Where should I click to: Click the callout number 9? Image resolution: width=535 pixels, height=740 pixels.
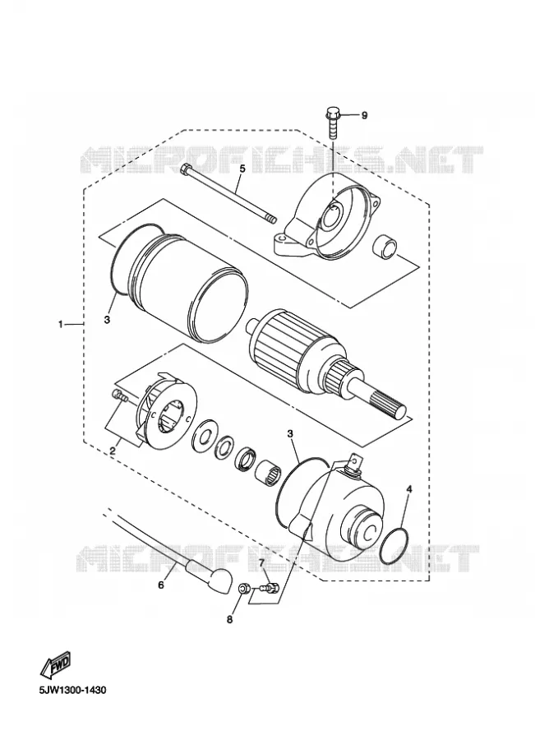(x=364, y=116)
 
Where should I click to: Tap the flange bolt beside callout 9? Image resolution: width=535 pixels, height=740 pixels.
(x=332, y=123)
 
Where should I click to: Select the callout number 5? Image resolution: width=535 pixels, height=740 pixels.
(x=242, y=169)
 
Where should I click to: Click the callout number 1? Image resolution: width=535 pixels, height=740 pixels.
(x=60, y=324)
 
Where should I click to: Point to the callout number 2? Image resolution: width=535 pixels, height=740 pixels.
(x=113, y=451)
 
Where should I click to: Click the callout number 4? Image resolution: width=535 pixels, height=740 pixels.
(x=409, y=489)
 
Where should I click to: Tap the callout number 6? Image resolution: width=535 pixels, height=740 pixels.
(x=161, y=585)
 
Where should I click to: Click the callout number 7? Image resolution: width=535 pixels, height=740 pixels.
(x=261, y=562)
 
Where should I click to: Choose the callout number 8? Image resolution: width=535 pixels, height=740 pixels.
(x=230, y=620)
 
